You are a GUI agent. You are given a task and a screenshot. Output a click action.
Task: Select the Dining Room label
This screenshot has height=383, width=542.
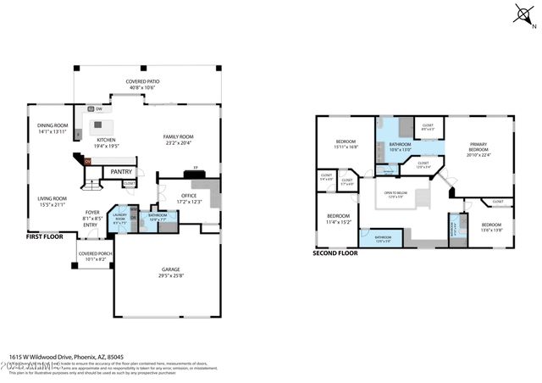52,126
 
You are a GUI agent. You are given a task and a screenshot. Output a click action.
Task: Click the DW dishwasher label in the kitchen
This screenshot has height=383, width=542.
99,108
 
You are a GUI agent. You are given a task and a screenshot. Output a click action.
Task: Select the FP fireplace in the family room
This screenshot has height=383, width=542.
196,168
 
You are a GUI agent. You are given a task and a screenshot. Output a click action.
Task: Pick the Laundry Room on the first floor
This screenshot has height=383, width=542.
119,216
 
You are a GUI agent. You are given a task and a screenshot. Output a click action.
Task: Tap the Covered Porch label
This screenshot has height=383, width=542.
92,254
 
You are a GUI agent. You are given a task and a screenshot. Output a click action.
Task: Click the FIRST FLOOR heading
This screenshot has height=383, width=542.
47,237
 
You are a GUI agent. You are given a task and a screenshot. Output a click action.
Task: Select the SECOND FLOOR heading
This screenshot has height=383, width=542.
336,253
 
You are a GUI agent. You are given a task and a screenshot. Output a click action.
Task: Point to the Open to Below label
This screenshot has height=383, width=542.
401,194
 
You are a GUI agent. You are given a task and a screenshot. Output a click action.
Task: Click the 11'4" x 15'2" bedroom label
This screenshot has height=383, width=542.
339,219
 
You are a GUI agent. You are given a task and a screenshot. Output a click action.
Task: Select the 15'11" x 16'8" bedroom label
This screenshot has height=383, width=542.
346,143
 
